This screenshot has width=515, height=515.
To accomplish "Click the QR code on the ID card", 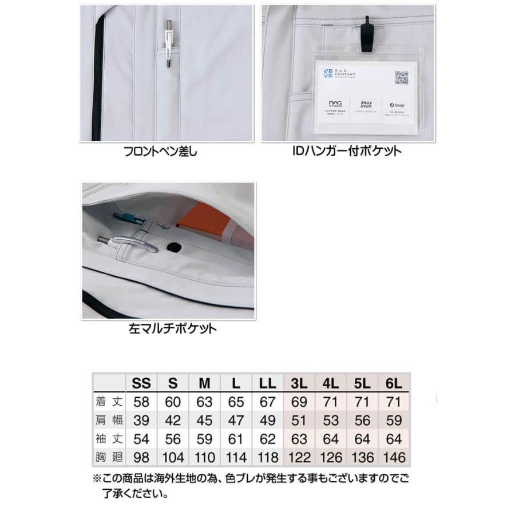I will pos(402,78).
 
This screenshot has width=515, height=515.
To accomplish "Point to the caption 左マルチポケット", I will pos(172,329).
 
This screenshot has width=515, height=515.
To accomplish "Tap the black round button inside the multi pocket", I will pos(172,247).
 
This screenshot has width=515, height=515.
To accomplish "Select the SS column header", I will pos(141,383).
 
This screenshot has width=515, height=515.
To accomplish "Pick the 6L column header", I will pos(395,383).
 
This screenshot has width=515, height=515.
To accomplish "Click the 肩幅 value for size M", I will pos(204,421).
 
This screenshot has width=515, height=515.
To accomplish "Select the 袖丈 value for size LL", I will pos(267,439).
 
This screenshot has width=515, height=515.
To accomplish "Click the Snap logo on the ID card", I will pos(397,105).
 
